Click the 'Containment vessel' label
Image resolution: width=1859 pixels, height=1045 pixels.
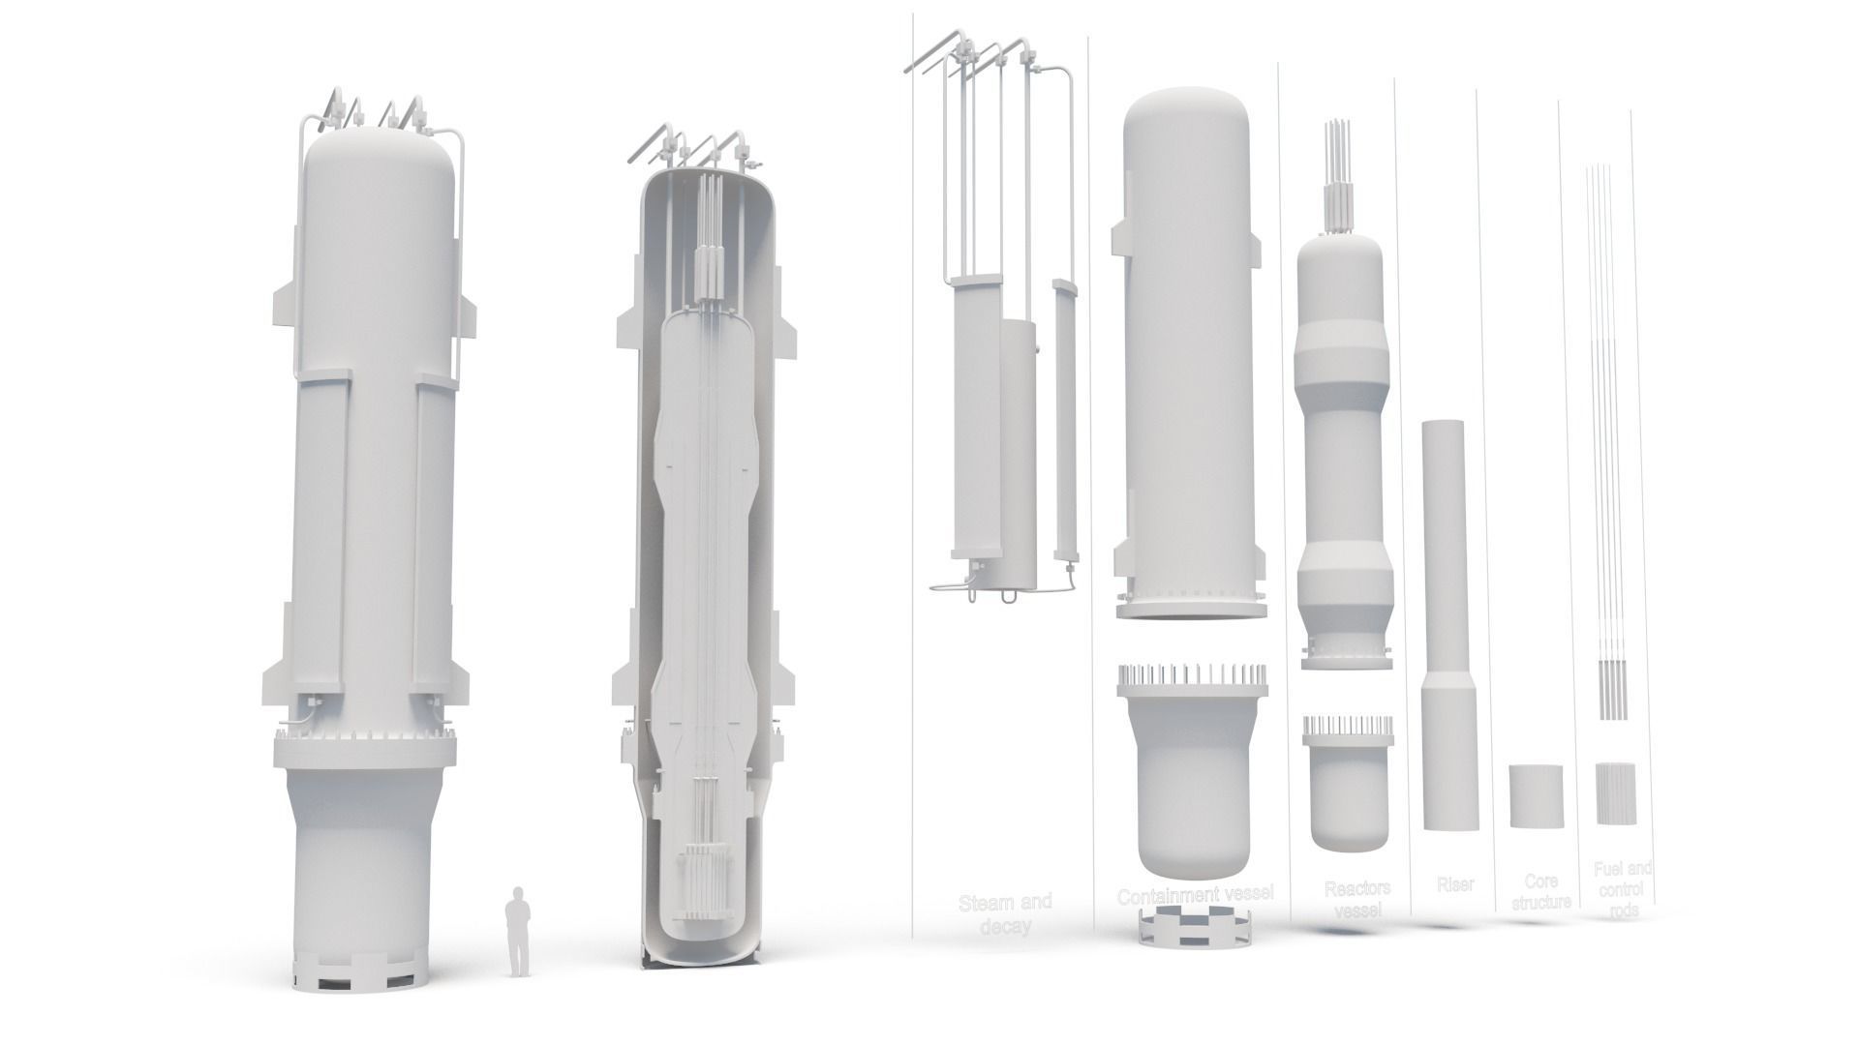(x=1195, y=896)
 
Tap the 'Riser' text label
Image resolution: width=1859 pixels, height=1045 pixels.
(x=1454, y=884)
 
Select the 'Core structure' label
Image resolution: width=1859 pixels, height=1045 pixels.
(x=1540, y=892)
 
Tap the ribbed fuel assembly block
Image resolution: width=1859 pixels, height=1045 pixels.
(x=1615, y=793)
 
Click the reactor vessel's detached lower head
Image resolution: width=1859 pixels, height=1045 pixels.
(x=1349, y=789)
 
